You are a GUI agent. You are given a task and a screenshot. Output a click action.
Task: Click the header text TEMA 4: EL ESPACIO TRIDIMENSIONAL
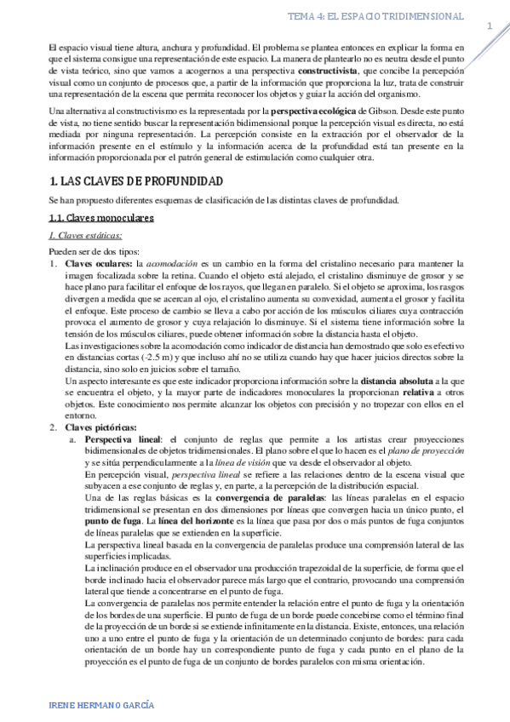pyautogui.click(x=375, y=16)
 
